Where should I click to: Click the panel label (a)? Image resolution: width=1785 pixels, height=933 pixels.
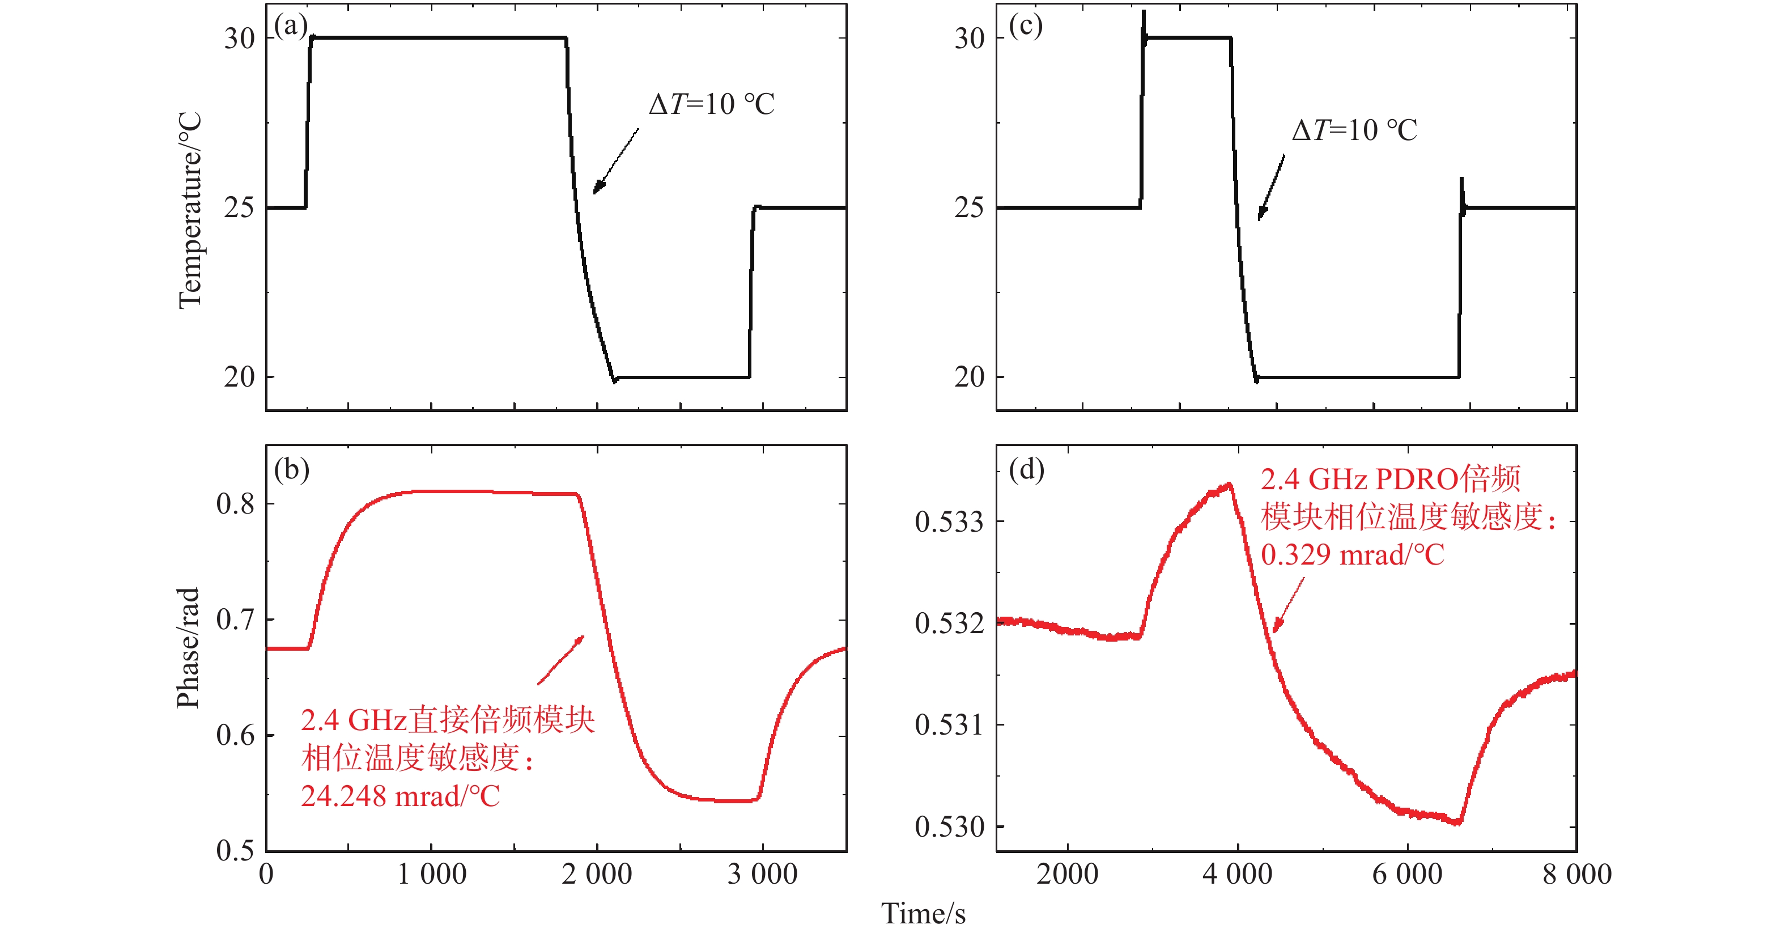[290, 26]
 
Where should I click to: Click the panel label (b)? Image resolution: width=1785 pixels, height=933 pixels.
[291, 470]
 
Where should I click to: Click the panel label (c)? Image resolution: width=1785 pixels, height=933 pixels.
[1026, 26]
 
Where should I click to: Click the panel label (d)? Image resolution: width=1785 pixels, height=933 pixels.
[1026, 470]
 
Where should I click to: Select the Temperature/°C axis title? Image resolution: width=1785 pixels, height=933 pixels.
[189, 210]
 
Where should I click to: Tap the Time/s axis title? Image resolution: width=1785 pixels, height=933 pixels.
[923, 914]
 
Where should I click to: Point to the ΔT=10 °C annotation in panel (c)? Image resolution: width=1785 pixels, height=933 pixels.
[1355, 130]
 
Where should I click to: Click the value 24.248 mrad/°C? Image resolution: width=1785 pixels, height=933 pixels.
[400, 796]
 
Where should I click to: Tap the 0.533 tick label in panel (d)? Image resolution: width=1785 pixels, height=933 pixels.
[949, 522]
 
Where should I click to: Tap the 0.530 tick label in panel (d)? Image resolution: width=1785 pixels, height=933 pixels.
[949, 827]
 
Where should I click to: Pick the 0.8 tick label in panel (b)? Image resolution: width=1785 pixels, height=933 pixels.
[235, 504]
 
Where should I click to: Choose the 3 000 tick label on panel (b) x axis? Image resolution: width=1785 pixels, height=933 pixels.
[762, 874]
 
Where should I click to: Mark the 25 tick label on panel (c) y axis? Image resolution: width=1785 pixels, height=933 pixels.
[969, 207]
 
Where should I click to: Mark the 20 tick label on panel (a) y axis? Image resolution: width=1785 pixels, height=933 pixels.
[239, 377]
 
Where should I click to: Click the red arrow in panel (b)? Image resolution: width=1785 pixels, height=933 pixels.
[561, 660]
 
